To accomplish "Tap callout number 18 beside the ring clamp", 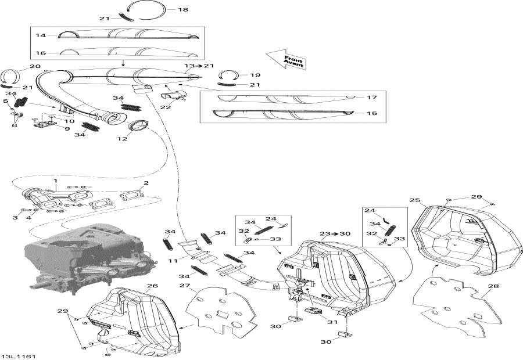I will click(183, 10).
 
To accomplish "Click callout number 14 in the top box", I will click(41, 35).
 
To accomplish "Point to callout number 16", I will click(41, 52).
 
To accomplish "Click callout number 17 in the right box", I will click(372, 97).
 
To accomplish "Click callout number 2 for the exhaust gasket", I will click(146, 183).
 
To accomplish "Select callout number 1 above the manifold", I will click(56, 181).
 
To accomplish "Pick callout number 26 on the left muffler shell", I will click(152, 285).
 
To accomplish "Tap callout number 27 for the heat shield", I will click(185, 285).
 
